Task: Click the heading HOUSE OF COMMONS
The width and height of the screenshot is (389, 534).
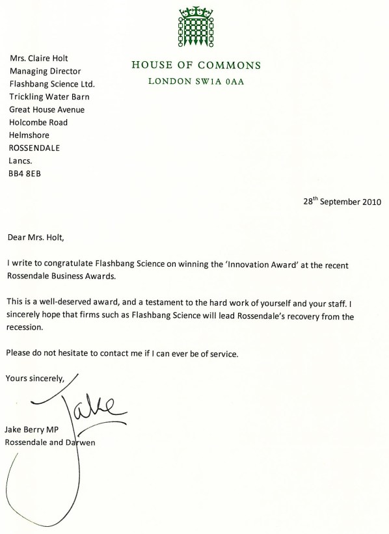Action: tap(195, 65)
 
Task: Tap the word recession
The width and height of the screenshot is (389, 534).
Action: tap(27, 328)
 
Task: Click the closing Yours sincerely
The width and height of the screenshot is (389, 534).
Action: tap(35, 378)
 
